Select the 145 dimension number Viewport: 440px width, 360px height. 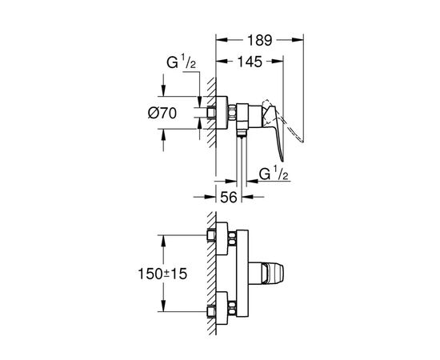[250, 62]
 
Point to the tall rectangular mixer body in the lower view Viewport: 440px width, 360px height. [242, 273]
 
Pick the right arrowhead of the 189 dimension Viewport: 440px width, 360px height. [302, 38]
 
